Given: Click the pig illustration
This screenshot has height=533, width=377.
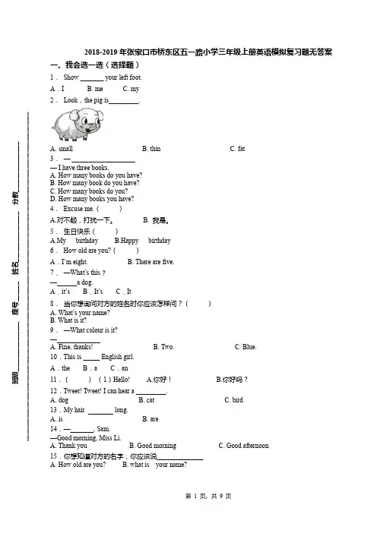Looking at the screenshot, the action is (78, 124).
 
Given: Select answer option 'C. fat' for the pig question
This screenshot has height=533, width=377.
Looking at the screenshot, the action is (237, 149).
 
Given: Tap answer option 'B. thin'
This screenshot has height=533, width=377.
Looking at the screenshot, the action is (151, 149).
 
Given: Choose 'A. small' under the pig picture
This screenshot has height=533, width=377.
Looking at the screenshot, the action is (62, 149).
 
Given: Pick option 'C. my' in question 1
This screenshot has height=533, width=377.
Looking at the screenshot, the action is (131, 89).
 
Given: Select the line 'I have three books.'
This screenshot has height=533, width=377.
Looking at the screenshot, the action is (80, 168).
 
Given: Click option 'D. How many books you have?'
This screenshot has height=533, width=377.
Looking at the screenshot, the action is (92, 198).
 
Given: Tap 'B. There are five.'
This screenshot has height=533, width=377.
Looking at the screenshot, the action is (150, 262).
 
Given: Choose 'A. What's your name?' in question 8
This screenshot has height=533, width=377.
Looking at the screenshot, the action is (80, 312).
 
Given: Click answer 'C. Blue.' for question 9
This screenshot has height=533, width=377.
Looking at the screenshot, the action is (246, 347).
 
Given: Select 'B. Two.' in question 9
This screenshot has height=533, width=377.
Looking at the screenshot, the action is (163, 347).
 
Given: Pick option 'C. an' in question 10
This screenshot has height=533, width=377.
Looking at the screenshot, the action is (119, 368).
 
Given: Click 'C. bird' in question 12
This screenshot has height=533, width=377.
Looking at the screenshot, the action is (234, 399).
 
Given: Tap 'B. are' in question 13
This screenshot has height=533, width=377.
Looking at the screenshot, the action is (150, 419).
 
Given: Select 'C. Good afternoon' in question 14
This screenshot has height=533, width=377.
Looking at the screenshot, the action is (244, 445).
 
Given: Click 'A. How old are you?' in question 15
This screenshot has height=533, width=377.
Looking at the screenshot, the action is (78, 465).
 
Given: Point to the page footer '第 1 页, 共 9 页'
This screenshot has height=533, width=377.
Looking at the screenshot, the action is (208, 496).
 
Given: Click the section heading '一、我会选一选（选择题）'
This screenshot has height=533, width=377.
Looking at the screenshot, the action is (95, 65).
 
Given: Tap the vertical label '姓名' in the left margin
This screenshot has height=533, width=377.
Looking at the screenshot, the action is (16, 267).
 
